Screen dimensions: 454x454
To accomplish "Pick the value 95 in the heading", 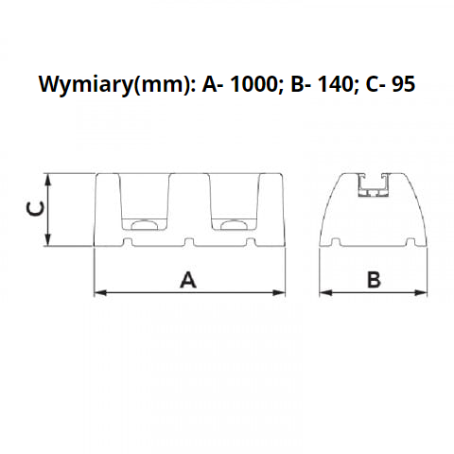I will click(x=402, y=84).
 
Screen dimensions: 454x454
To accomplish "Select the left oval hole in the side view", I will click(x=144, y=224).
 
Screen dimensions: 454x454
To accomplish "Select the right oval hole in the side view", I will click(x=233, y=224).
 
